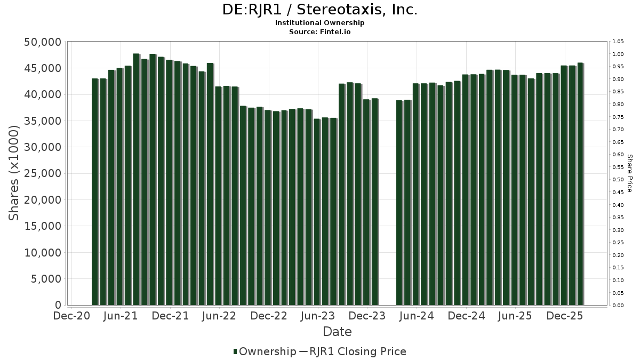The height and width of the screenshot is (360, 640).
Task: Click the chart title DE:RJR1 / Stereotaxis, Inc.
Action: click(319, 10)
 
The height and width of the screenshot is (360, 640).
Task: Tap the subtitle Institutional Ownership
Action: click(319, 23)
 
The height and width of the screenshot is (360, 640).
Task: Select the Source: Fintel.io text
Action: click(319, 31)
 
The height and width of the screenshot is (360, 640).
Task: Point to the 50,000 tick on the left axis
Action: click(43, 42)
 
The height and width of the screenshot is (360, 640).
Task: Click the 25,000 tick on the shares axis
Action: click(43, 174)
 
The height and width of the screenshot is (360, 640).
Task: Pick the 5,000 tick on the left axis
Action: click(45, 279)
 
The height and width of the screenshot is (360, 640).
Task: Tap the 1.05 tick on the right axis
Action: click(618, 42)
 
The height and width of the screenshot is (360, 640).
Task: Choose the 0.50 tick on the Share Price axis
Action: click(618, 180)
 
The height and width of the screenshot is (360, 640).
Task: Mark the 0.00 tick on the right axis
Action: click(618, 306)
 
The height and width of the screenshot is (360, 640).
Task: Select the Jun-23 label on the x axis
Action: click(318, 316)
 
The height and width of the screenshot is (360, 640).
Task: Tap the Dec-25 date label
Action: click(565, 316)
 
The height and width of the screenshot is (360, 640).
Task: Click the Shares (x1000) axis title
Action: click(14, 173)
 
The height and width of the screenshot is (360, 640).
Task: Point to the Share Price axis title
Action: click(630, 173)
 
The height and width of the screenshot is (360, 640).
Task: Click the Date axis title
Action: click(337, 332)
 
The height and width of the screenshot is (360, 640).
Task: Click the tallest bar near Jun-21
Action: click(137, 179)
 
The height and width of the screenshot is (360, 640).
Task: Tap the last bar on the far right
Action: click(580, 184)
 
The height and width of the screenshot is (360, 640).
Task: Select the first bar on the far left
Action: click(95, 192)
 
